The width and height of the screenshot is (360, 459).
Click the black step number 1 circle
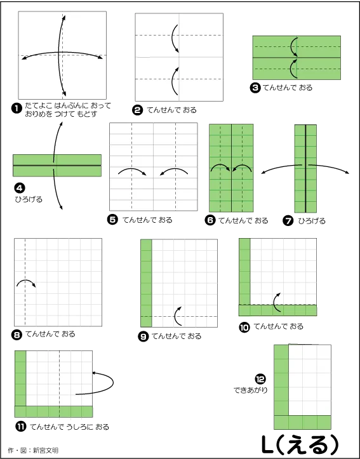pos(17,109)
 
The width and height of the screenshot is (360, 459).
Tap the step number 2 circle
pos(137,110)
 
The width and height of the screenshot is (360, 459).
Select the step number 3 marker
pos(255,88)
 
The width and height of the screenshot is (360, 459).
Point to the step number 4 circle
pos(19,188)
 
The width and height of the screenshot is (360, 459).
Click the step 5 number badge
pos(112,220)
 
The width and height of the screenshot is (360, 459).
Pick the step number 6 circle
pos(210,220)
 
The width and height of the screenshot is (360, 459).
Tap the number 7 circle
pos(288,221)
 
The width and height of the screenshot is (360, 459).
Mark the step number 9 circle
pos(143,336)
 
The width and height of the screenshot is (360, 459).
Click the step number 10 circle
pos(244,327)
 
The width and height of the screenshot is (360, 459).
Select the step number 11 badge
pos(20,427)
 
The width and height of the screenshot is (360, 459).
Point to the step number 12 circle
pos(260,380)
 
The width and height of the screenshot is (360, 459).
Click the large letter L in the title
pos(268,445)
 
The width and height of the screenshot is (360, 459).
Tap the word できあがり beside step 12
pos(251,390)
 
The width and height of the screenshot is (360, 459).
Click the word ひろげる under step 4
pos(29,199)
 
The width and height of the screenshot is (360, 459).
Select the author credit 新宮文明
pos(45,450)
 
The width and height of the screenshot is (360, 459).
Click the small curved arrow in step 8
pos(26,283)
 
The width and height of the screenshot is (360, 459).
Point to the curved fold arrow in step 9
pos(177,316)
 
